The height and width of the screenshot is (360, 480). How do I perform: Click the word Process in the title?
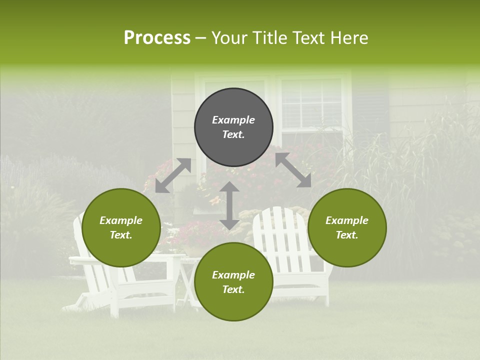click(157, 38)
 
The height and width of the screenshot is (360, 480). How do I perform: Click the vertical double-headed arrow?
click(229, 205)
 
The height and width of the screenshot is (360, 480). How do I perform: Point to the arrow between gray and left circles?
click(173, 175)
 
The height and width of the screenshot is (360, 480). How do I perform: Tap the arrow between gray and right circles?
click(293, 170)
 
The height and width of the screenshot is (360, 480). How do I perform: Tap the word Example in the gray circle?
click(233, 120)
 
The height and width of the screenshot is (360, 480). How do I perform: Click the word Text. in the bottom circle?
click(233, 289)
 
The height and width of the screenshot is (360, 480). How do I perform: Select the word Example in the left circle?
click(121, 220)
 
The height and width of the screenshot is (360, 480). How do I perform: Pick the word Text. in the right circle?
click(347, 235)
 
